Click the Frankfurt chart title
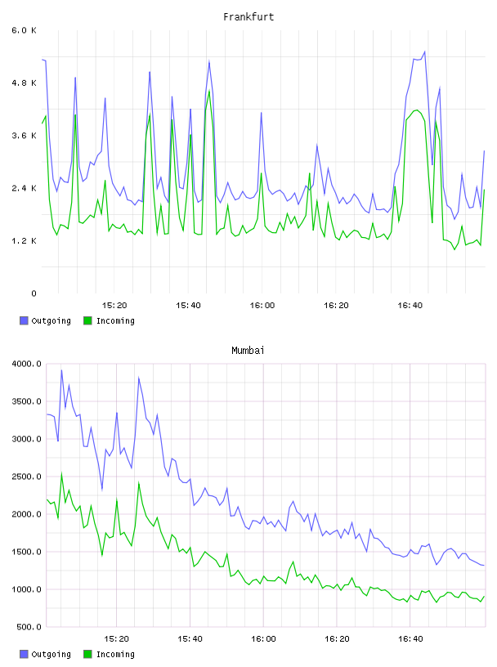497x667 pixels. (248, 17)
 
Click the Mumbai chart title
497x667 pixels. (248, 351)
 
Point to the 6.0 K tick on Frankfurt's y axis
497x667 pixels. (25, 30)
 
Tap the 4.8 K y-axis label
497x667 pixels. (25, 83)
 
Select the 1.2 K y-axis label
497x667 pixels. (25, 241)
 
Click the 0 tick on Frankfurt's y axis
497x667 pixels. (34, 293)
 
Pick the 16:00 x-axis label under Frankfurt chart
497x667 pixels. (262, 306)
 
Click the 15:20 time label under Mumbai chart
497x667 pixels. (116, 639)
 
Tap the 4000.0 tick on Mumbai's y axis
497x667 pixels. (27, 364)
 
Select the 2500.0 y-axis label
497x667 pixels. (27, 477)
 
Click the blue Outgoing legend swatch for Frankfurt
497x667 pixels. (24, 320)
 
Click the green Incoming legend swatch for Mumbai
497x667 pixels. (87, 654)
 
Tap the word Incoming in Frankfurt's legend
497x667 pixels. (115, 320)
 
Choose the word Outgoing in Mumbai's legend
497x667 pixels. (51, 654)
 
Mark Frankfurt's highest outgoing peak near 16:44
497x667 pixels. (424, 51)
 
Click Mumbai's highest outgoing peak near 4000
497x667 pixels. (61, 370)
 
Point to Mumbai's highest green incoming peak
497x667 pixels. (61, 473)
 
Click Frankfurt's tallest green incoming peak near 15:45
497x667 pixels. (209, 91)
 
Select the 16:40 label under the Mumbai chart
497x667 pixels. (410, 639)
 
